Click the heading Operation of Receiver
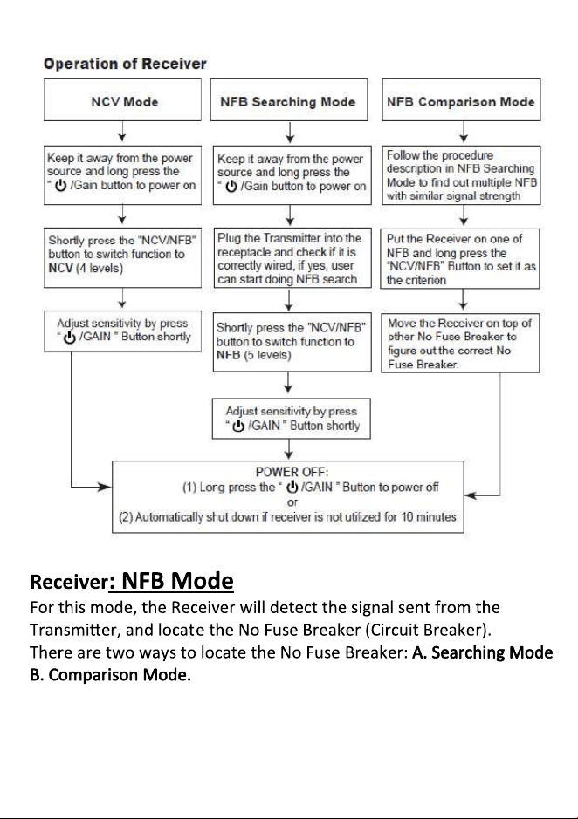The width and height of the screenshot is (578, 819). coord(125,64)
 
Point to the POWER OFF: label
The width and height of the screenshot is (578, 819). coord(292,472)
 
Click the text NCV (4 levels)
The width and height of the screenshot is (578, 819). coord(86,268)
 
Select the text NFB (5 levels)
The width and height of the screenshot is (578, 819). coord(254,355)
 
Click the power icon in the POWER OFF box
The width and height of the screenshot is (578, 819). coord(292,487)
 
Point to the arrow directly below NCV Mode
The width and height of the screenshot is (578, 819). coord(122,131)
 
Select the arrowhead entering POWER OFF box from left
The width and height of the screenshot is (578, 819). coord(105,488)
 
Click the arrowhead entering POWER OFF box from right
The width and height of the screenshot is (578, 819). coord(471,495)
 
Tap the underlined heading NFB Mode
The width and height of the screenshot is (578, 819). coord(172,581)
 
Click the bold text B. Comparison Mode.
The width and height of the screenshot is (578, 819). coord(110,675)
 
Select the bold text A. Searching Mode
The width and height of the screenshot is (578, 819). coord(482,652)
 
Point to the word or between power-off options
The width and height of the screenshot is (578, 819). coord(292,502)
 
